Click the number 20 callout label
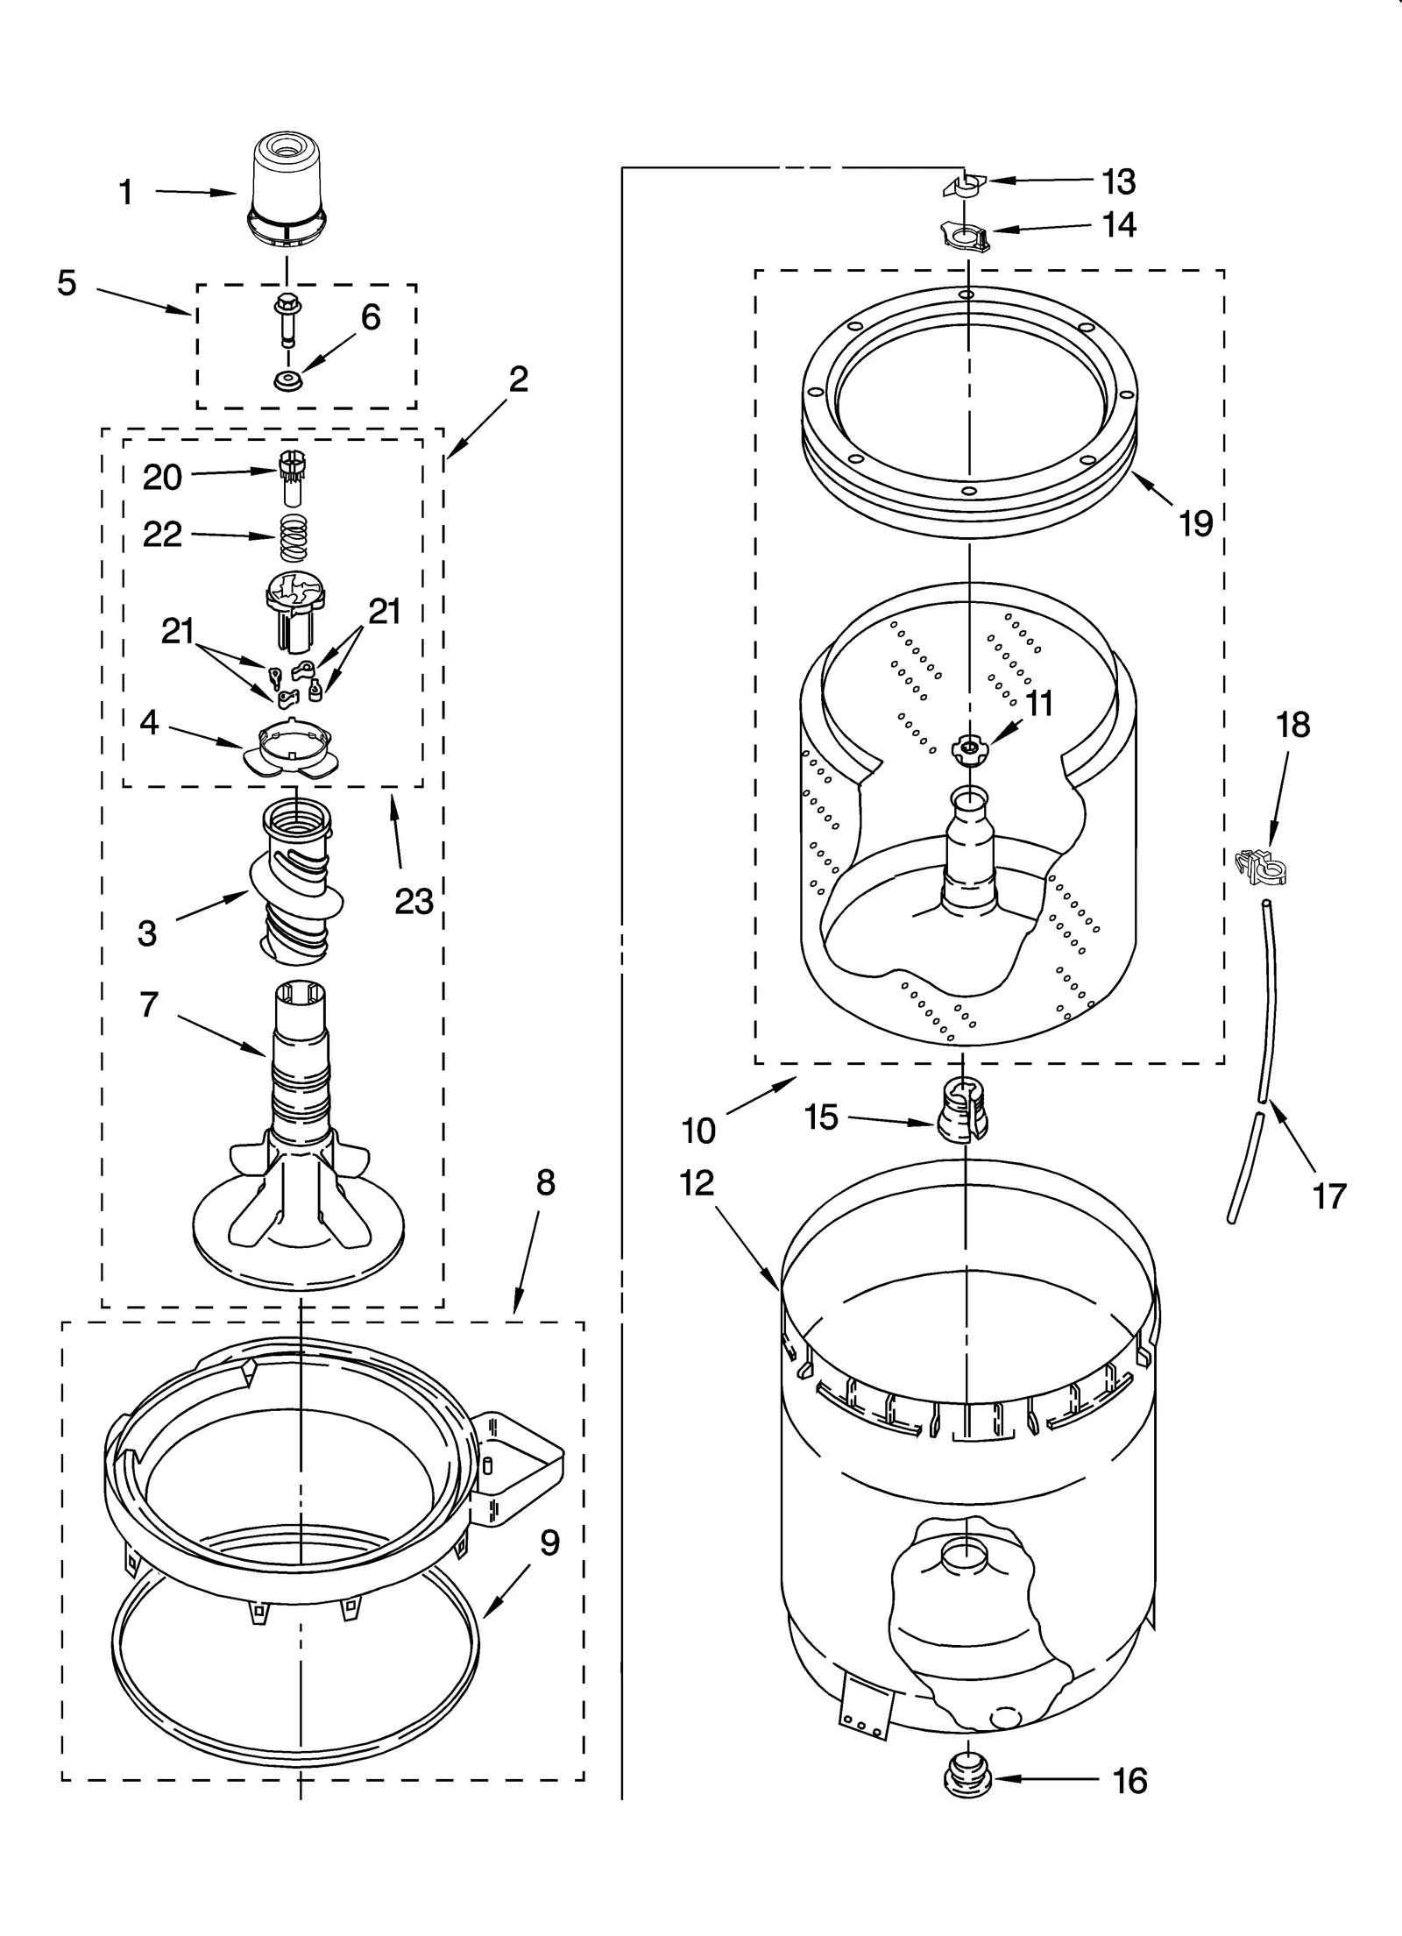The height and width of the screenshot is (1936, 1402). [x=162, y=478]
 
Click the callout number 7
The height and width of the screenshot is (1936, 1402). [x=149, y=1005]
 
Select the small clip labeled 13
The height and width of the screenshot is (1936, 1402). [x=964, y=185]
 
